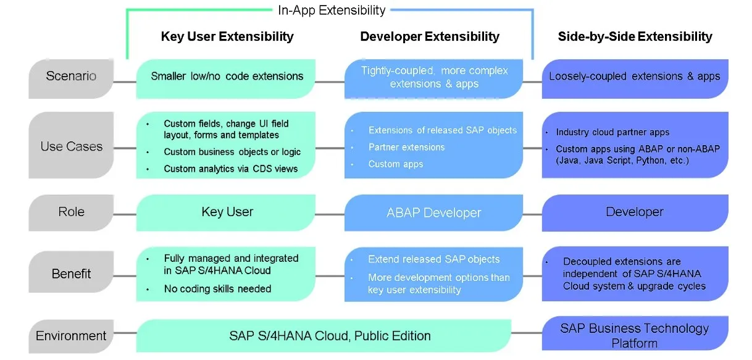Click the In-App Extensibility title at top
click(332, 10)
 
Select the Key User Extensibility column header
click(227, 36)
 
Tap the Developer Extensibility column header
click(430, 36)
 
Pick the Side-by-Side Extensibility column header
click(635, 36)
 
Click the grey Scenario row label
click(71, 77)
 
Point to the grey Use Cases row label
click(71, 147)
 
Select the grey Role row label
click(71, 212)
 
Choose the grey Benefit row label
click(71, 274)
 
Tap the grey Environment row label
click(71, 336)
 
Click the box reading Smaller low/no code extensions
click(227, 77)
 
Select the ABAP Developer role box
click(433, 212)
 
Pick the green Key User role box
click(227, 212)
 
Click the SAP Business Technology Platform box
click(635, 335)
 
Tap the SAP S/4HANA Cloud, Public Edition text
click(330, 336)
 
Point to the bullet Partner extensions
click(406, 147)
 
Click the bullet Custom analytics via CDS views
click(230, 169)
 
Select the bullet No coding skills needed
click(217, 288)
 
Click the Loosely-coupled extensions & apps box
click(635, 77)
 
